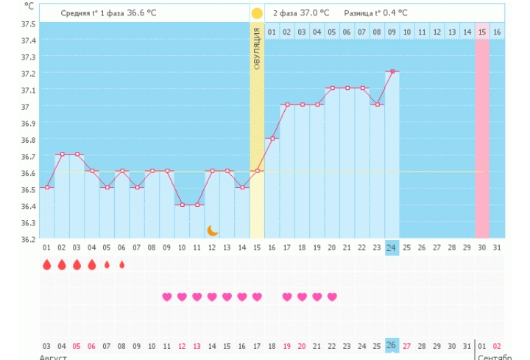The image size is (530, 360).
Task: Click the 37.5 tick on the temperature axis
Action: click(x=28, y=24)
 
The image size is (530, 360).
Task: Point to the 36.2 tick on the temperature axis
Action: click(x=28, y=239)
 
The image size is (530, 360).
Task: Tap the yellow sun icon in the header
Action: click(x=257, y=13)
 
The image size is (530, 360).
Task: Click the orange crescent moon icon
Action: click(x=213, y=230)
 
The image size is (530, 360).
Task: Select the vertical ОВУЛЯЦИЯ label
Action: click(x=257, y=49)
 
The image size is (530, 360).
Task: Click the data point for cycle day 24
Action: click(x=392, y=71)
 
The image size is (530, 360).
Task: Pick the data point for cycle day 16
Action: click(x=272, y=138)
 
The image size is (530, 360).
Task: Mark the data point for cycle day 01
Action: click(x=47, y=187)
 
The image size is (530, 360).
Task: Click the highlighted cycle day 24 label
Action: click(x=392, y=248)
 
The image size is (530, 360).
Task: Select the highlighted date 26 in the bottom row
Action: click(x=392, y=345)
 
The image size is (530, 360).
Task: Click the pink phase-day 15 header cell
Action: click(x=482, y=32)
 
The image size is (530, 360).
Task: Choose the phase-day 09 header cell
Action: click(x=392, y=32)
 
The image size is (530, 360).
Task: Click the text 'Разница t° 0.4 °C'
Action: click(x=376, y=13)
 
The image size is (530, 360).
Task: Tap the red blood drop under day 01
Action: click(x=46, y=264)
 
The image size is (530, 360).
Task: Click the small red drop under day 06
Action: click(x=122, y=264)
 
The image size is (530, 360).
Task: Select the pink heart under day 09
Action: click(x=167, y=297)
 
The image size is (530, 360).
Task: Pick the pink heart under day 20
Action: click(x=332, y=297)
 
